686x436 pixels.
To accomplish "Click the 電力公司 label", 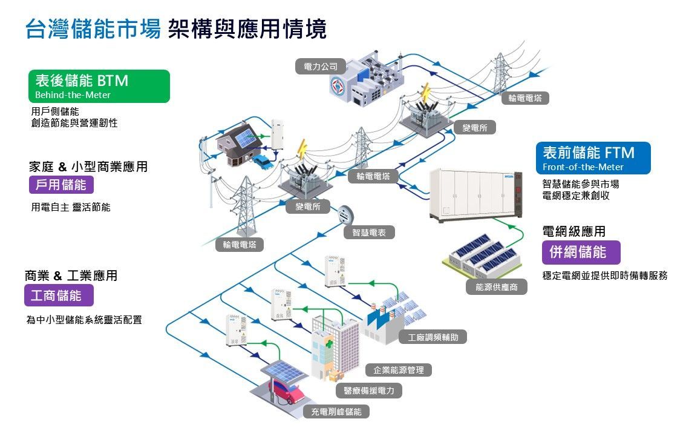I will click(320, 66).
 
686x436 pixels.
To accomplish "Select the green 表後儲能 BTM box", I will click(99, 86).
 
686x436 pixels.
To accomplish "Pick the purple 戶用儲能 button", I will click(61, 185).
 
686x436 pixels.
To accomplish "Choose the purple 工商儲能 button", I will click(59, 296).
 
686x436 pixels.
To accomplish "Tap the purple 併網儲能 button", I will click(581, 252).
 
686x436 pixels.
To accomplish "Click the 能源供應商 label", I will click(497, 287).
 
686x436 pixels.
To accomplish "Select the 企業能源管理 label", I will click(399, 369).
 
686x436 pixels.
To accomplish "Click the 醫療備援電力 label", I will click(368, 391).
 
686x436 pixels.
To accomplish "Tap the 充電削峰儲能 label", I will click(336, 412).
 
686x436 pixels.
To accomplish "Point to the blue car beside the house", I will click(263, 161).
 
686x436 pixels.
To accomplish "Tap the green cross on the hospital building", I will click(328, 344).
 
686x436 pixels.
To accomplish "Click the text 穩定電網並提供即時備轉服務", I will click(604, 276).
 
